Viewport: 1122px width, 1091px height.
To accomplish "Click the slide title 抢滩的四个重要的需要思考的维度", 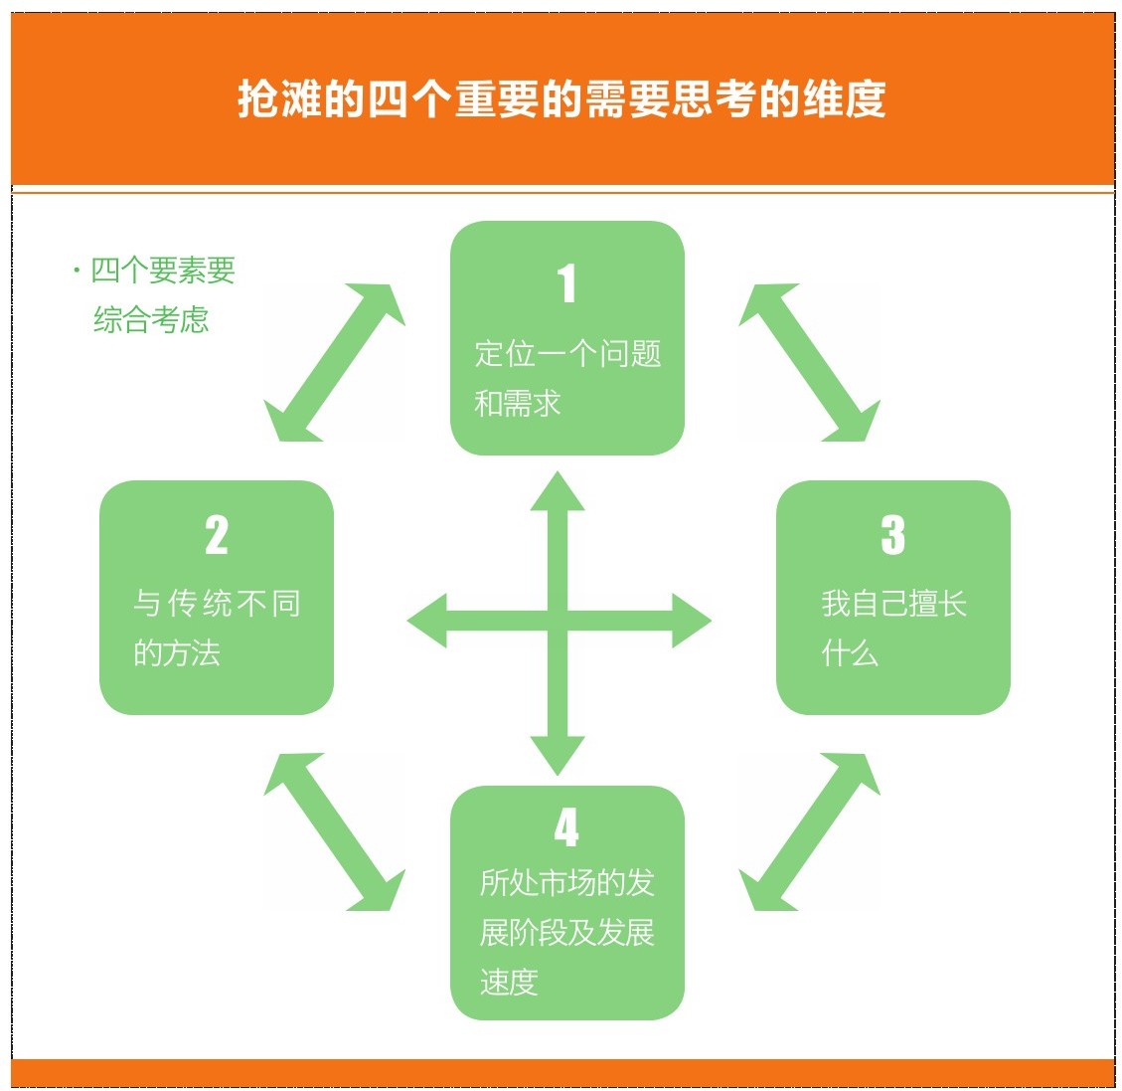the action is click(x=561, y=98).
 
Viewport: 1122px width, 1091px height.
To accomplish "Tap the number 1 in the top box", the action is click(x=566, y=282).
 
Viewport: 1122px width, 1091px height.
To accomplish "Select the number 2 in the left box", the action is click(x=216, y=535).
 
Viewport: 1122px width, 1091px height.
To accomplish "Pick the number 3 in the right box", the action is click(x=893, y=535).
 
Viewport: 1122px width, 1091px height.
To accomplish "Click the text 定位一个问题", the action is click(x=567, y=354).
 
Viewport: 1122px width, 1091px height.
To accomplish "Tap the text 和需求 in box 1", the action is click(x=518, y=403).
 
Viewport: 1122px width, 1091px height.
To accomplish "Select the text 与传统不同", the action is click(x=217, y=604).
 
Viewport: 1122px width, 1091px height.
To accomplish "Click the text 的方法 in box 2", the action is click(x=177, y=652).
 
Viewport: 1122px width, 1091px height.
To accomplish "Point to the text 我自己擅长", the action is click(x=894, y=604).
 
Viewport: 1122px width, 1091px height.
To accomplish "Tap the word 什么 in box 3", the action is click(x=850, y=652).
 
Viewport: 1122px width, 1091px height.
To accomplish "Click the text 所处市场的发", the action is click(x=566, y=883).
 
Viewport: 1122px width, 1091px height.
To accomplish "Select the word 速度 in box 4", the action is click(x=509, y=982).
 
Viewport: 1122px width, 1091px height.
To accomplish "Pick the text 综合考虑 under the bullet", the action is click(x=151, y=319).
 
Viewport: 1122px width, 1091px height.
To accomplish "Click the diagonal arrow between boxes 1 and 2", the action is click(x=334, y=362).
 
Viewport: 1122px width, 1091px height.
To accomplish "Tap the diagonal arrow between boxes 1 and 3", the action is click(x=809, y=362).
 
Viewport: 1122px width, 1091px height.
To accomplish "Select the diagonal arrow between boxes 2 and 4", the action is click(x=334, y=831).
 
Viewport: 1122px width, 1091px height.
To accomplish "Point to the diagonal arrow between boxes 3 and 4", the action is click(x=809, y=831).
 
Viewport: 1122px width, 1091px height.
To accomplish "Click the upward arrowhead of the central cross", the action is click(x=558, y=492).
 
